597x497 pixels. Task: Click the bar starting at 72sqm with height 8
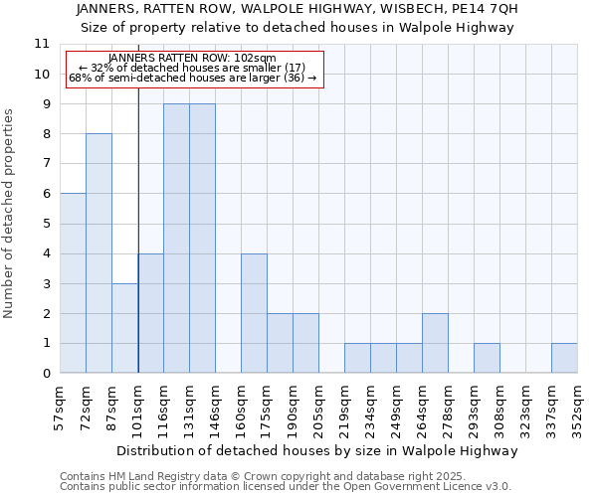99,253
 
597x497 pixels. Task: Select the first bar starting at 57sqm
73,283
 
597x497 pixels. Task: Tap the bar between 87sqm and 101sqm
124,328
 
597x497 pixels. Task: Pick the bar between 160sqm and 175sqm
254,313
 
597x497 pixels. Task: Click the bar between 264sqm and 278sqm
435,343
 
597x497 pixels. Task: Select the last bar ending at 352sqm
564,358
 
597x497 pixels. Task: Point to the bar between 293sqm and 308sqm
487,358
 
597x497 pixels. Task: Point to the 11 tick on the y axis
42,44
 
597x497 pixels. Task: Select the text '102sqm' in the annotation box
255,59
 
